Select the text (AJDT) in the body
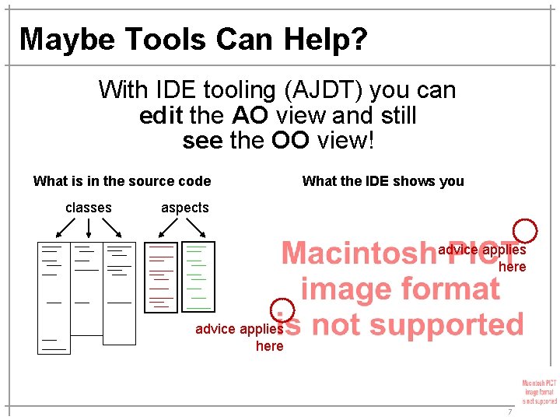(x=320, y=90)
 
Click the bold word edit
(x=161, y=116)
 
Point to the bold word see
(x=204, y=141)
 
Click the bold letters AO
(x=250, y=116)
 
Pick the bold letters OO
(x=290, y=141)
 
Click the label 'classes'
(x=89, y=208)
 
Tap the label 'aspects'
(x=185, y=208)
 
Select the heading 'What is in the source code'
(x=122, y=181)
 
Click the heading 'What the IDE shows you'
(x=383, y=181)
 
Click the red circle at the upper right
(x=527, y=230)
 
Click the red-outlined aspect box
(x=160, y=277)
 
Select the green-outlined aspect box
(x=198, y=277)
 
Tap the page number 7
(x=510, y=411)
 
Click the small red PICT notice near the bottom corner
(x=539, y=392)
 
